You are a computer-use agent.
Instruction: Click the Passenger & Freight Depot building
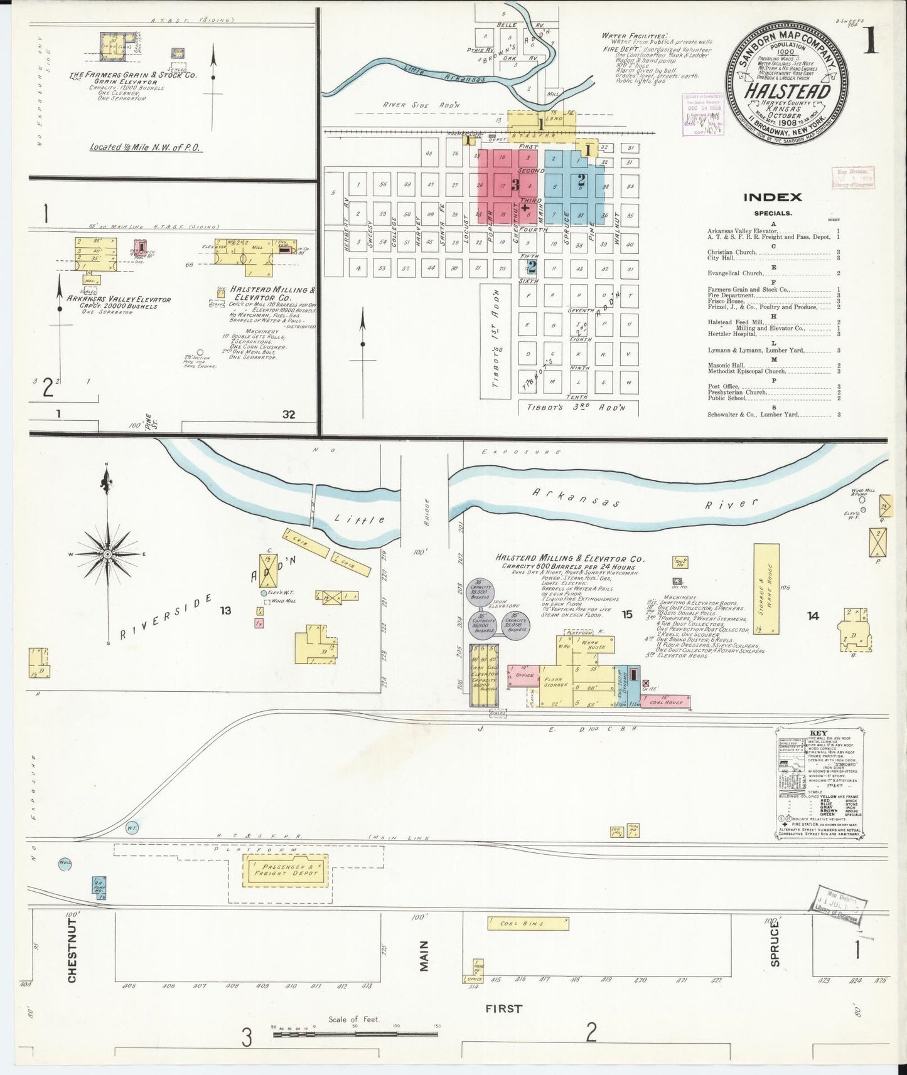pos(286,869)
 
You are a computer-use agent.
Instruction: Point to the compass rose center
pos(108,554)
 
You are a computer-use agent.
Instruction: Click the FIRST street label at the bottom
pos(503,1009)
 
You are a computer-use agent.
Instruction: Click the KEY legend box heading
pos(818,733)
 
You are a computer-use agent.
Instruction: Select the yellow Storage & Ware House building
pos(766,588)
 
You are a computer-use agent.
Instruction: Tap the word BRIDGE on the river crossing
pos(425,512)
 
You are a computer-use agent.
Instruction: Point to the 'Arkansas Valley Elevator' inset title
pos(119,299)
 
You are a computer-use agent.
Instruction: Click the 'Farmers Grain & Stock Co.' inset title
pos(133,75)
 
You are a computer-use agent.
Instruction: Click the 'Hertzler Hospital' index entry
pos(732,334)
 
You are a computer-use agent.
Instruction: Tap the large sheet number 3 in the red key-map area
pos(515,185)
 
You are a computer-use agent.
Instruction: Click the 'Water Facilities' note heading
pos(635,36)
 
